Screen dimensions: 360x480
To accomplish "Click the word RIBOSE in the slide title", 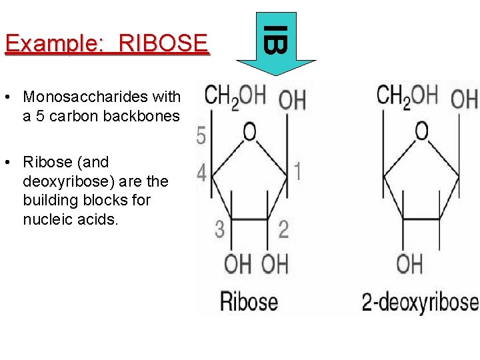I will click(163, 43).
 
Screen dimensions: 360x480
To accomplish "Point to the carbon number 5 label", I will click(201, 137).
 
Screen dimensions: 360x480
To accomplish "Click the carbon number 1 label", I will click(297, 171).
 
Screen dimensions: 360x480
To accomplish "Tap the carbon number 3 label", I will click(220, 229).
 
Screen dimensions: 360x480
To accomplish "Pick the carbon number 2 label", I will click(283, 229).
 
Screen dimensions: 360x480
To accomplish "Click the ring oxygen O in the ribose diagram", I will click(249, 132).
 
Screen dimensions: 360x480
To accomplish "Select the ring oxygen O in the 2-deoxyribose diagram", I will click(421, 131).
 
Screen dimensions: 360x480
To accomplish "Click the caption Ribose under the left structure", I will click(249, 301).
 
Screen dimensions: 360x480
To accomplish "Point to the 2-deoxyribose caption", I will click(420, 301).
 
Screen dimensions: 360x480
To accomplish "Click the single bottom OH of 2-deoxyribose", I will click(409, 263).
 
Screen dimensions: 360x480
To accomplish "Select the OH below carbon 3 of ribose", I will click(237, 263).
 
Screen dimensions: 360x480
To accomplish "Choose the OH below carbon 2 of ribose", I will click(274, 263).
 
